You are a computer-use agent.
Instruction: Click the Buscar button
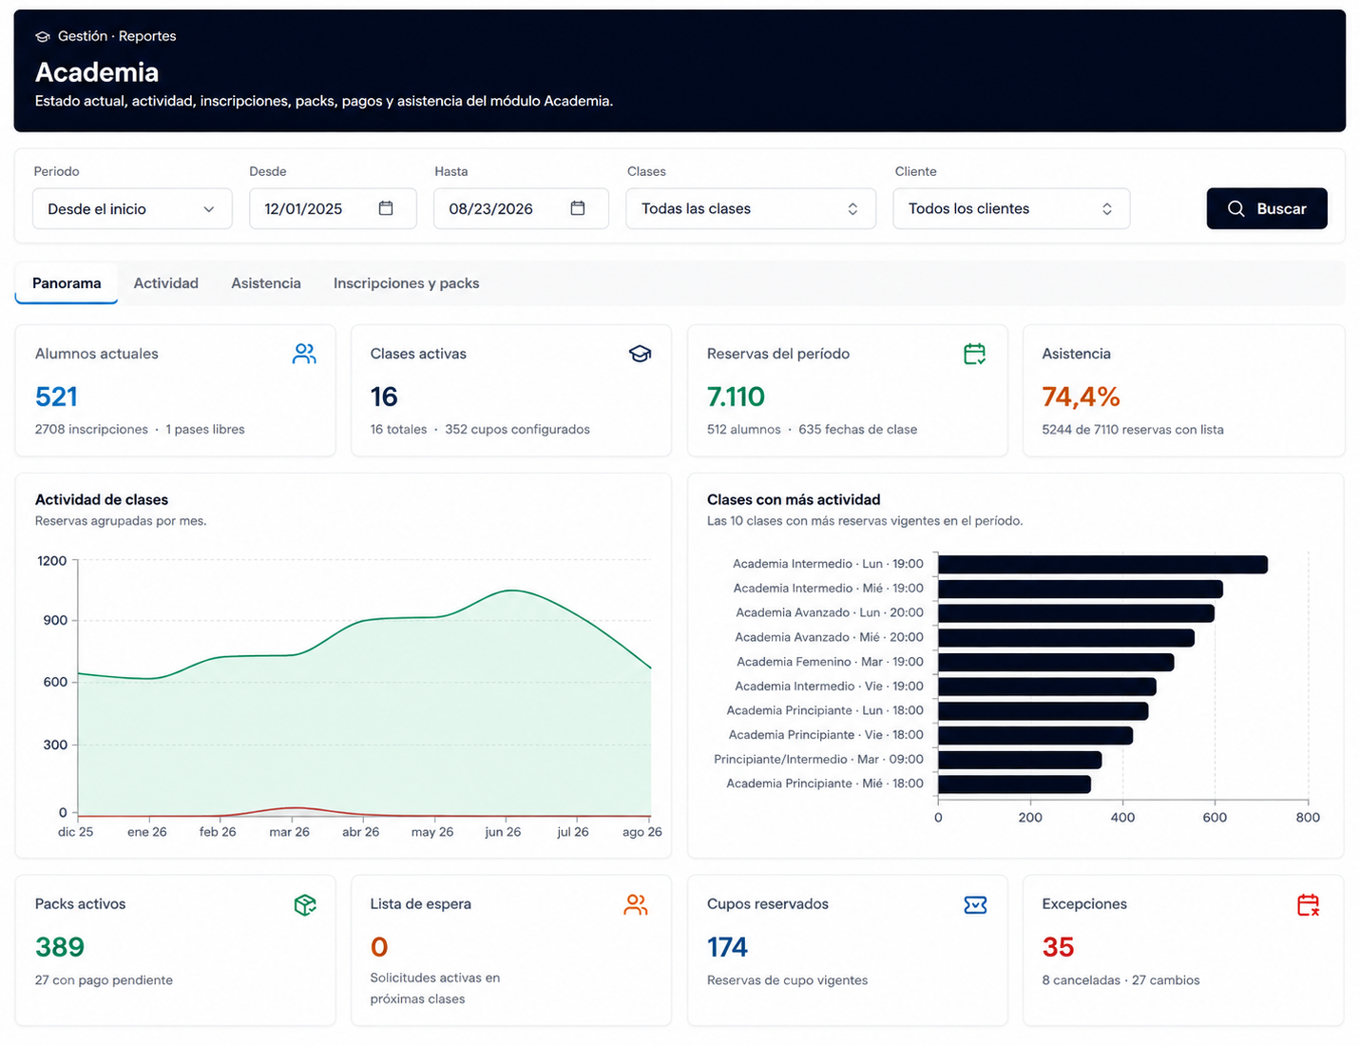pos(1266,208)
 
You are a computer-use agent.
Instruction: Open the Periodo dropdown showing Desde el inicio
pos(132,208)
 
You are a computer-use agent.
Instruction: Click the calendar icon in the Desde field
pos(386,208)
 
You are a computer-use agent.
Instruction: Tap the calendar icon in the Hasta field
pos(577,208)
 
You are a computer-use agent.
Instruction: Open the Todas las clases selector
pos(751,208)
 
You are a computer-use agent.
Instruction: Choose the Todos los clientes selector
pos(1011,208)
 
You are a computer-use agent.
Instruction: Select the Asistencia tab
pos(266,283)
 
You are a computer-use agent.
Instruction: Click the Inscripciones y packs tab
pos(406,283)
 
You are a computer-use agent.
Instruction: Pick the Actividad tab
pos(166,283)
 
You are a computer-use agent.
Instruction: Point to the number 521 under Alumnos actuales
pos(56,397)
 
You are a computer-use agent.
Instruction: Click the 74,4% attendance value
pos(1081,397)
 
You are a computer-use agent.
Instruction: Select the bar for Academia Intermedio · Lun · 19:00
pos(1102,564)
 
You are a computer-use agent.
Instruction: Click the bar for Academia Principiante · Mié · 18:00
pos(1014,784)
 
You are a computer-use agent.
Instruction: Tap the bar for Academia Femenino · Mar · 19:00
pos(1056,662)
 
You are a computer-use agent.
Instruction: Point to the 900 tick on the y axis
pos(55,621)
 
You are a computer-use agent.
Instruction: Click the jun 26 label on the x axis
pos(503,831)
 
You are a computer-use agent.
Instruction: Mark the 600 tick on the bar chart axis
pos(1215,817)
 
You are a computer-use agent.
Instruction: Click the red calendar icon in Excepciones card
pos(1308,905)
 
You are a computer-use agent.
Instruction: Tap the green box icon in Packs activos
pos(305,905)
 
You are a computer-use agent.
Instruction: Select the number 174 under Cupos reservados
pos(727,947)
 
